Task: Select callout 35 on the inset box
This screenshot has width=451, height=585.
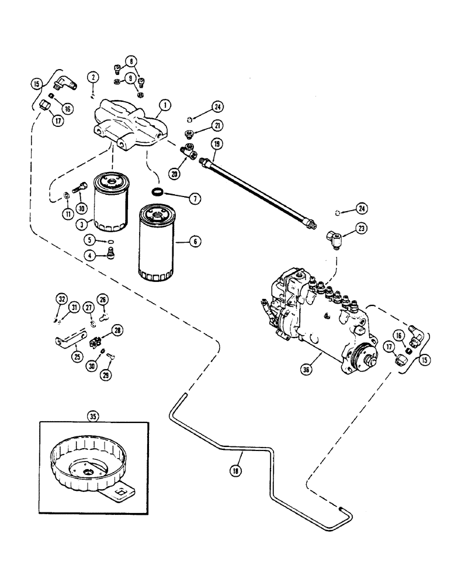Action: (x=93, y=417)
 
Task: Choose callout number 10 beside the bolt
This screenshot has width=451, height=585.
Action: (x=82, y=207)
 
